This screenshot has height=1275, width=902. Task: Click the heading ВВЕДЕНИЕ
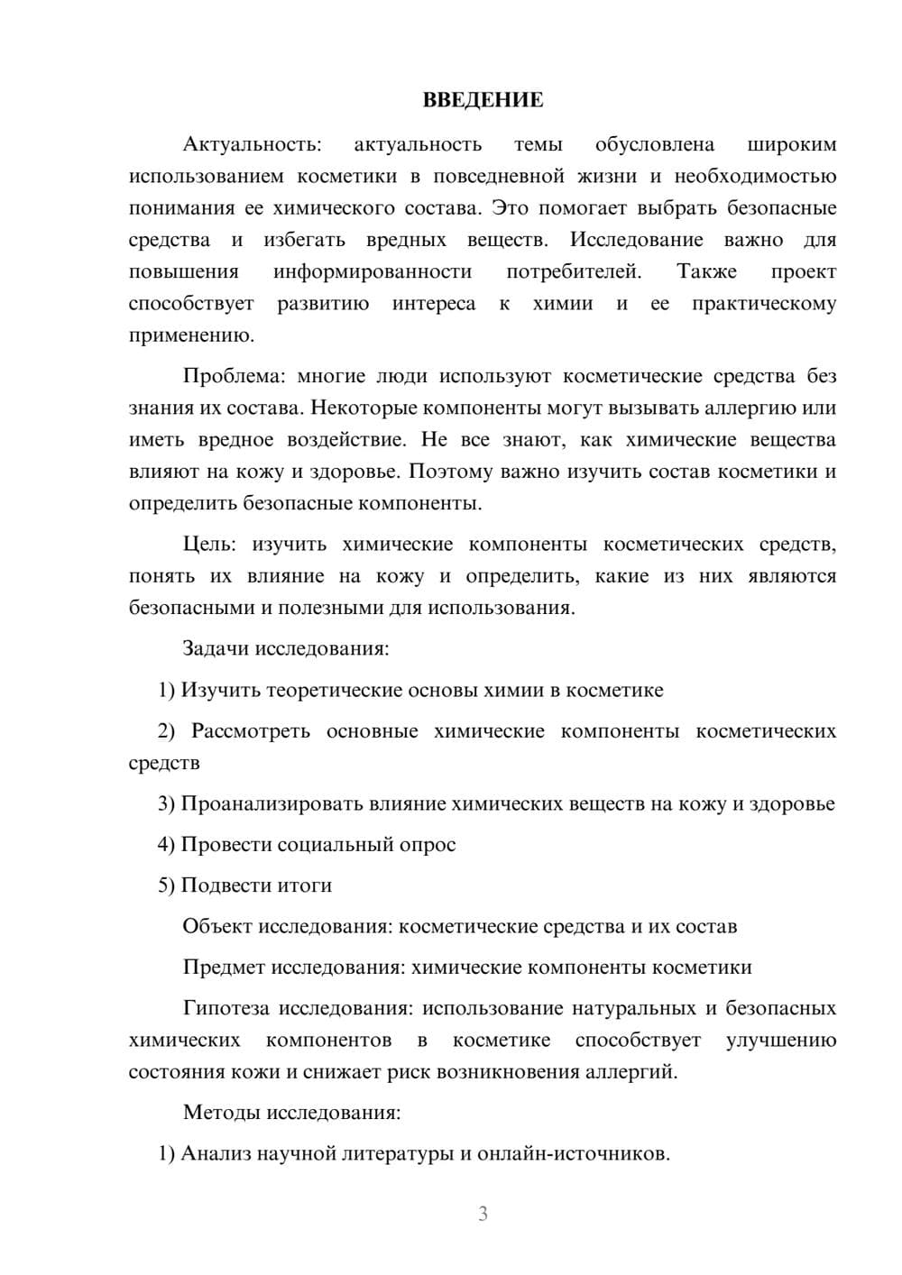click(483, 100)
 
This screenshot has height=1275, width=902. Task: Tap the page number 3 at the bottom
click(483, 1214)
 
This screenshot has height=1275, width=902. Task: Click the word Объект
click(217, 926)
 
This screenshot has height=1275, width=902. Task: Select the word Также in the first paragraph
click(707, 271)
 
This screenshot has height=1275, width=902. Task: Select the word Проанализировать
click(272, 803)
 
